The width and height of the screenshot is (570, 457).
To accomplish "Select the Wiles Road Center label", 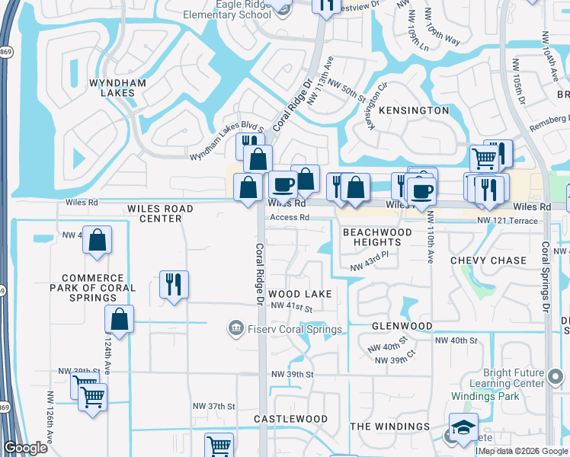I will [x=160, y=213].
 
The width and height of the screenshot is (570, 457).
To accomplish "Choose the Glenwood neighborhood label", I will [x=402, y=326].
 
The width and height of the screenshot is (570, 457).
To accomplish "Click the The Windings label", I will [x=390, y=427].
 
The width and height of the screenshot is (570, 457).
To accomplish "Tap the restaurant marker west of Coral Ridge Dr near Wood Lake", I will [x=175, y=284].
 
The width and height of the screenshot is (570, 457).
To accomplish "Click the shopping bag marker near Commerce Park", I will [x=98, y=240].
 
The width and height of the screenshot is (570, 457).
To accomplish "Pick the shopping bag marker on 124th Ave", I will [x=120, y=319].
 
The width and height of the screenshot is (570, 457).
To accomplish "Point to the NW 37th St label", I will [x=214, y=406].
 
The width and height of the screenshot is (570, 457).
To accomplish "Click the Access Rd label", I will [x=288, y=217].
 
